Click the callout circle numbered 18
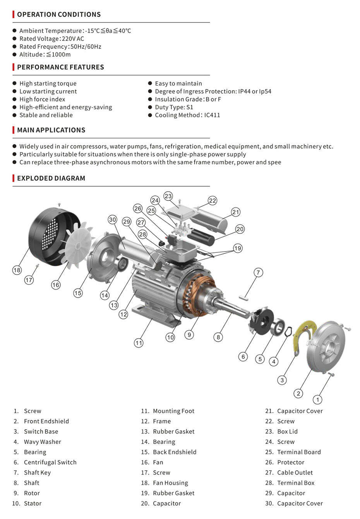[17, 270]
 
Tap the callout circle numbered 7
[258, 272]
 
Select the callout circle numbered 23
[168, 196]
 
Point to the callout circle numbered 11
[139, 343]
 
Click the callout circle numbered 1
[317, 400]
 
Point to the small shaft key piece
[244, 298]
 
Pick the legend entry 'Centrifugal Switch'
[50, 462]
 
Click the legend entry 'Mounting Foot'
[173, 411]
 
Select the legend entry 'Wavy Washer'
[42, 442]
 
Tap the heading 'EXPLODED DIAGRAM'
[51, 178]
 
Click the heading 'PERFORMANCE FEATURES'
[60, 67]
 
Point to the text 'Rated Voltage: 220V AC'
[51, 39]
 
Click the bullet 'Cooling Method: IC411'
[187, 115]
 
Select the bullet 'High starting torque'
[48, 84]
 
